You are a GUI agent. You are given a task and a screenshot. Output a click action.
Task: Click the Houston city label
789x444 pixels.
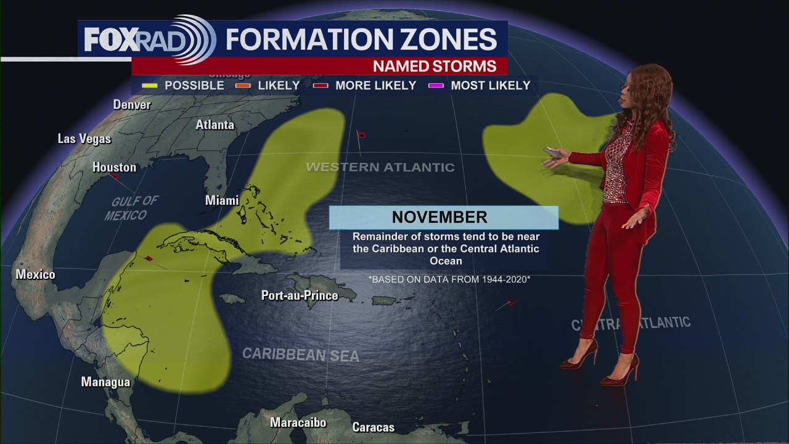point(114,167)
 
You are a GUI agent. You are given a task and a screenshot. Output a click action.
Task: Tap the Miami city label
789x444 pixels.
point(222,200)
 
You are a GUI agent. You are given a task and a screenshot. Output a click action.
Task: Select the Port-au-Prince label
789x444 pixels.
point(300,295)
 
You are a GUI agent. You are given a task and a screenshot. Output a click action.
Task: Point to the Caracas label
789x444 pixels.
point(373,427)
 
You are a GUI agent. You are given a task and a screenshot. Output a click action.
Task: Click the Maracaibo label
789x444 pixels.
point(298,422)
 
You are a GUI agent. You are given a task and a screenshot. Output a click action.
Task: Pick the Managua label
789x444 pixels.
point(105,382)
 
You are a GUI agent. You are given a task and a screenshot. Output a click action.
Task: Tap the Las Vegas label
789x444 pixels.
point(84,139)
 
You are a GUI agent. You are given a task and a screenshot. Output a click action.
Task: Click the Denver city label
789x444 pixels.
point(132,105)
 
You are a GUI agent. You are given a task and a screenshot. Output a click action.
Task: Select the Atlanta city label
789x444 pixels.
point(215,125)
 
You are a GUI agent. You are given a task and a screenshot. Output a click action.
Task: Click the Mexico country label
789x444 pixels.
point(35,274)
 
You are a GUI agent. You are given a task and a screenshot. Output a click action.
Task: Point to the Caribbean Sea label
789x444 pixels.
point(300,355)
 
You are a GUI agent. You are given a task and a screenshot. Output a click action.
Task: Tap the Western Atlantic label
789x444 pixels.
point(380,167)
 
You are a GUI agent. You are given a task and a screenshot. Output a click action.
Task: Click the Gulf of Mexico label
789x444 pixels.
point(130,208)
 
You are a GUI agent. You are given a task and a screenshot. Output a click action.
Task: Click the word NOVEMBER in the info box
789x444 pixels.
point(439,217)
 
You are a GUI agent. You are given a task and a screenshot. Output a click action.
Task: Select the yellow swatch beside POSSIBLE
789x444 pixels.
point(149,86)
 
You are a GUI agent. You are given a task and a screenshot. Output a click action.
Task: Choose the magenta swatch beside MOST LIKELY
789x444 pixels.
point(436,86)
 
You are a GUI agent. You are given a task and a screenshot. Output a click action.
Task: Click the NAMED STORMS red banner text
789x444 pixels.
point(434,66)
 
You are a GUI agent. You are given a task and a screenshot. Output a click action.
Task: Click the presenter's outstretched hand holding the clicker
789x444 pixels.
point(553,156)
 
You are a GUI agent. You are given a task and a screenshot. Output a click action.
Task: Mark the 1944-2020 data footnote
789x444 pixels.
point(449,279)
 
